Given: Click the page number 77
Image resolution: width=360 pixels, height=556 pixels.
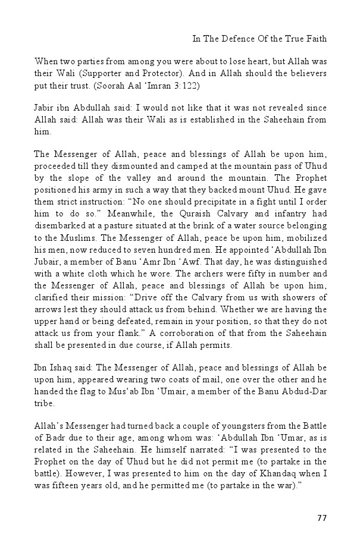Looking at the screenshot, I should [x=321, y=518].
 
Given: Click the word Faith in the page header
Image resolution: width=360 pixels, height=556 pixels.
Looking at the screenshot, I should [x=317, y=39].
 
